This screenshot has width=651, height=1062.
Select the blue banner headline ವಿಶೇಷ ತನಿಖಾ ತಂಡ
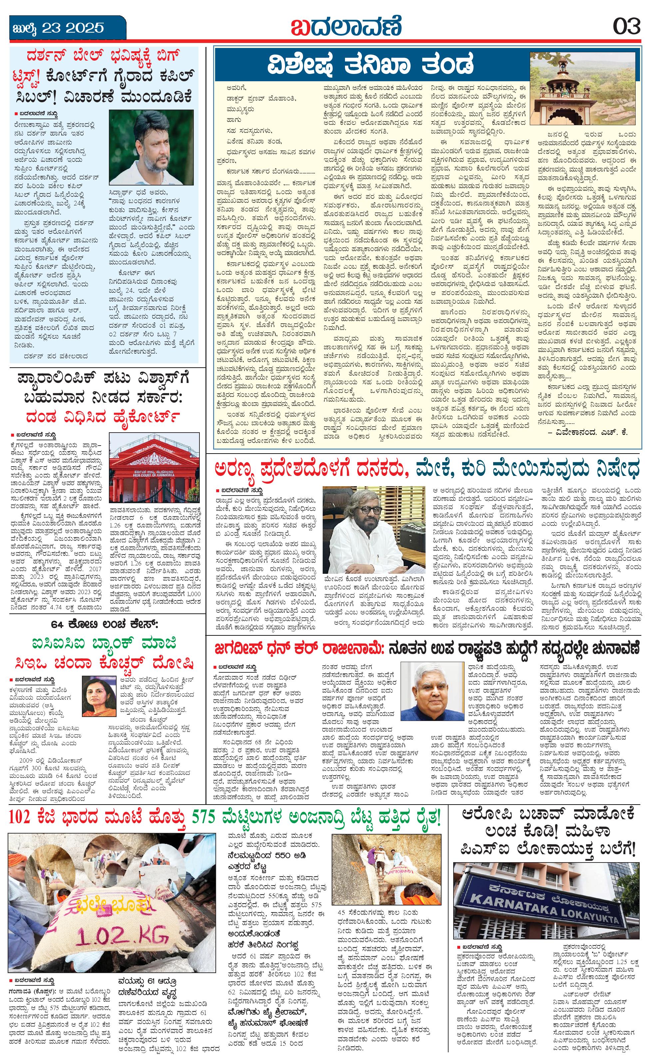point(371,65)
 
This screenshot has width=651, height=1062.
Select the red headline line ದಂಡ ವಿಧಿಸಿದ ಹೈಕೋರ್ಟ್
point(103,417)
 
